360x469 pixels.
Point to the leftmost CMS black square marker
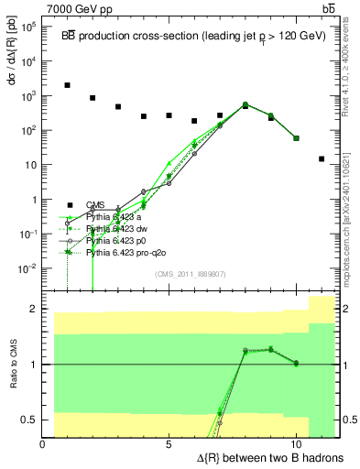coord(68,85)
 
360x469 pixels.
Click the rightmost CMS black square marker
coord(322,158)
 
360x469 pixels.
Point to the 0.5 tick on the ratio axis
coord(30,420)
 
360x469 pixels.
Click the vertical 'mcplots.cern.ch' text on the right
coord(352,229)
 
